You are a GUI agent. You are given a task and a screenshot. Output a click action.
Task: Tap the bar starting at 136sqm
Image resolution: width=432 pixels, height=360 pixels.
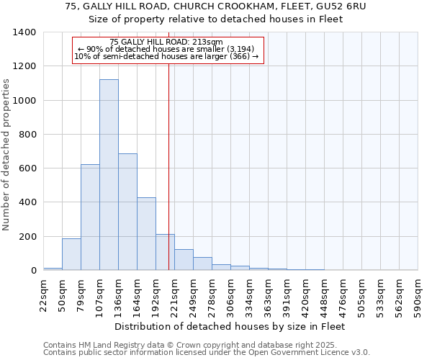point(127,212)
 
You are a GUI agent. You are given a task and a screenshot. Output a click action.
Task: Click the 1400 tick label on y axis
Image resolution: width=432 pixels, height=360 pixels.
point(24,32)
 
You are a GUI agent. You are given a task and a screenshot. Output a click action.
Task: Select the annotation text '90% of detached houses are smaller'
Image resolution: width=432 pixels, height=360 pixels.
point(166,49)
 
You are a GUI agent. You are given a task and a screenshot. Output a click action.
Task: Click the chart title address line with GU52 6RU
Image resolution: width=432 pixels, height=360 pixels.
point(216,6)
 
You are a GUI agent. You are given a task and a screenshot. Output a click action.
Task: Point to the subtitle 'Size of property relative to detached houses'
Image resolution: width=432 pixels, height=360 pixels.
point(216,19)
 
